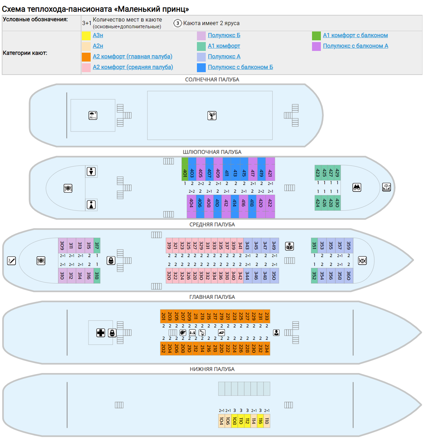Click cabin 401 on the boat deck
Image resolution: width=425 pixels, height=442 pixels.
pos(185,169)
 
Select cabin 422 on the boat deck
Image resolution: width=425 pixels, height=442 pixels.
pos(270,207)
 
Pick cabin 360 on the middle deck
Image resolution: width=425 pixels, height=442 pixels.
pos(348,276)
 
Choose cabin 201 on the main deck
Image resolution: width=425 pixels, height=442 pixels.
pos(163,316)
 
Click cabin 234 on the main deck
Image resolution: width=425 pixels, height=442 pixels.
pos(267,348)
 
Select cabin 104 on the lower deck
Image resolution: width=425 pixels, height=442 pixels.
pos(221,421)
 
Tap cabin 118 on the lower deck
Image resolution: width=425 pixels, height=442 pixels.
pos(267,421)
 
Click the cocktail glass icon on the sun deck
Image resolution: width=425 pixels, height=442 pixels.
pos(212,116)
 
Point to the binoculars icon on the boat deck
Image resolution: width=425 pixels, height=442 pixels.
pos(357,187)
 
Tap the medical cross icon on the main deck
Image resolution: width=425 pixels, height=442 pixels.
pos(101,333)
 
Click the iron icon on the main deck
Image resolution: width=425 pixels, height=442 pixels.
pos(221,332)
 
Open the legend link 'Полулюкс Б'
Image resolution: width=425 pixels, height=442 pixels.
pos(224,35)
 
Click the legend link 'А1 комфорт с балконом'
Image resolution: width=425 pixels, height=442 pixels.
pos(355,35)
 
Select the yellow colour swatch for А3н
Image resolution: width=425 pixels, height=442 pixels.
pos(86,36)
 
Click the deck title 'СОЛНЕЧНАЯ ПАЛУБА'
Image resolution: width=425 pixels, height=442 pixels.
pos(212,80)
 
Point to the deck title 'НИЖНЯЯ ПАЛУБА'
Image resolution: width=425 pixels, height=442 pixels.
pos(212,369)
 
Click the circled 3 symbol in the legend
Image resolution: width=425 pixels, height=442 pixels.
pos(177,23)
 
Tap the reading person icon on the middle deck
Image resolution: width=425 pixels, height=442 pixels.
pos(289,246)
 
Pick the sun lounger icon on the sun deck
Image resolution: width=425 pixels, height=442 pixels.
pos(93,115)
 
